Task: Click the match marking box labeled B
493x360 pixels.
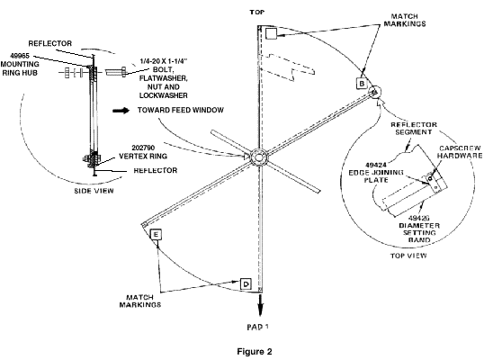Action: click(x=362, y=84)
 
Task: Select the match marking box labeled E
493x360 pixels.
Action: click(x=156, y=235)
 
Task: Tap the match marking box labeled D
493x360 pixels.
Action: click(x=246, y=284)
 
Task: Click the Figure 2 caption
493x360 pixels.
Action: click(x=255, y=352)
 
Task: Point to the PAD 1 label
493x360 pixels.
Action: click(x=257, y=327)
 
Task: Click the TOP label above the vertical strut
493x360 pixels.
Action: click(x=257, y=13)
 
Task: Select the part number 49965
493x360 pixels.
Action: click(x=20, y=56)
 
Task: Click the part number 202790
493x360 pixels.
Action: click(x=143, y=148)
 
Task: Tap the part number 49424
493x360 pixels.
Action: click(x=376, y=165)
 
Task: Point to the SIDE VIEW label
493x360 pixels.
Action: click(x=94, y=191)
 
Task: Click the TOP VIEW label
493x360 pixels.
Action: click(x=408, y=256)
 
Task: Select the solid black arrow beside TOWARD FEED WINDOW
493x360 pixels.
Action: click(x=121, y=111)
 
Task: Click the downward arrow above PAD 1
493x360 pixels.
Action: click(x=260, y=304)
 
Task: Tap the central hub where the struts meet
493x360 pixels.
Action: click(x=259, y=157)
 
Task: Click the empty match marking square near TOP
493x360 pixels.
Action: click(x=271, y=33)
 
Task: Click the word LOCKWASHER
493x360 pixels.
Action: click(x=163, y=95)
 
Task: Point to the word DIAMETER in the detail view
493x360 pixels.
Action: click(x=419, y=226)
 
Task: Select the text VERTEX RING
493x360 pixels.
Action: click(x=143, y=156)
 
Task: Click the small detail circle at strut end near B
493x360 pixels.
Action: click(x=374, y=92)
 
